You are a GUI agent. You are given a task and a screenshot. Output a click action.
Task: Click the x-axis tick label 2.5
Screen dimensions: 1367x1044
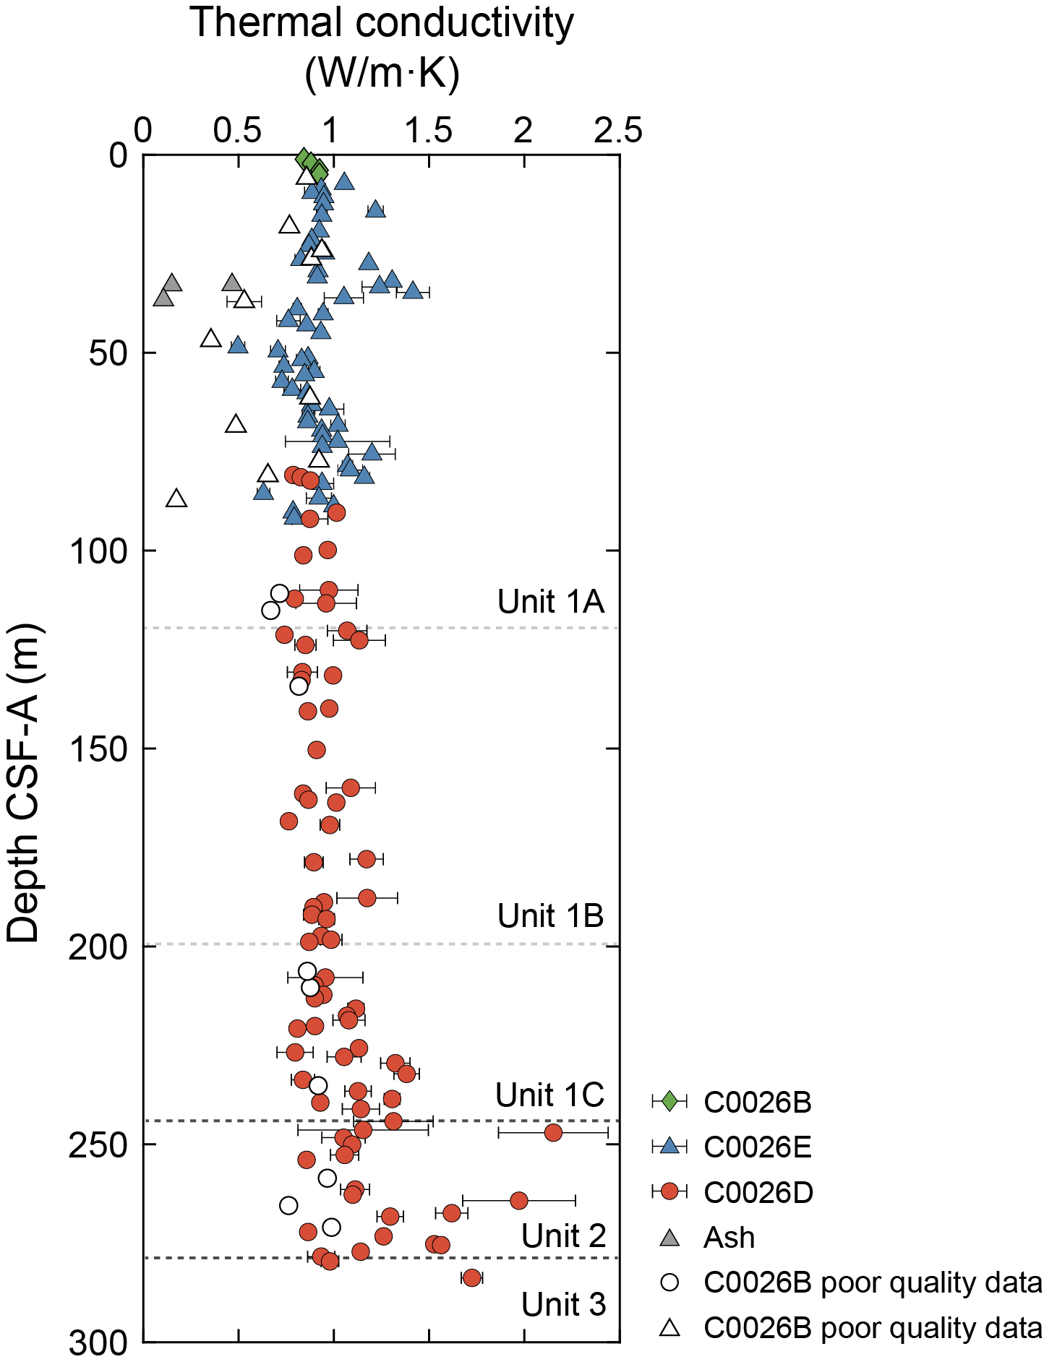point(618,131)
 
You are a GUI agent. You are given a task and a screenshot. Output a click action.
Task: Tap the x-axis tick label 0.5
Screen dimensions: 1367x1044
point(237,131)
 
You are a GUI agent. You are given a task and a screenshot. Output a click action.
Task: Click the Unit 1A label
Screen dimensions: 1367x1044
point(550,601)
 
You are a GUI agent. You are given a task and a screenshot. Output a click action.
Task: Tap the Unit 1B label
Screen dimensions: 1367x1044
point(550,915)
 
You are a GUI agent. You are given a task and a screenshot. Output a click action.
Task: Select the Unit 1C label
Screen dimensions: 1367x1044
point(549,1095)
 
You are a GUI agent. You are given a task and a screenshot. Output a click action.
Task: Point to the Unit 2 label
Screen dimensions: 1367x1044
point(563,1236)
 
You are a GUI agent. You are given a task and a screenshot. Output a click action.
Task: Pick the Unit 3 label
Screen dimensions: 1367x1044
point(563,1304)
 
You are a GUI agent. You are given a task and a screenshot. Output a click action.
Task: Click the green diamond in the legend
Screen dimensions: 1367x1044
point(669,1101)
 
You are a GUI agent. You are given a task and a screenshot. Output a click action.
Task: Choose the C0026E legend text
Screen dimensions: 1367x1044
point(758,1147)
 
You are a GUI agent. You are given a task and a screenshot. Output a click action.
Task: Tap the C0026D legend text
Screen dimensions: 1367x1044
point(758,1192)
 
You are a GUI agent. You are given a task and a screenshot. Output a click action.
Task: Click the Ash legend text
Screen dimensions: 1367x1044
point(729,1238)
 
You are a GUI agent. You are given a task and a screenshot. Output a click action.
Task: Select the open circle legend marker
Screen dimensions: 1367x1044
point(670,1282)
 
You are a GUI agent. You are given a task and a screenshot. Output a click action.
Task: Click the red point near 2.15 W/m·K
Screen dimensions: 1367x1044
point(553,1132)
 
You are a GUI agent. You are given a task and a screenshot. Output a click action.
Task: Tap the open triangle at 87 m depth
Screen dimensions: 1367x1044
point(176,499)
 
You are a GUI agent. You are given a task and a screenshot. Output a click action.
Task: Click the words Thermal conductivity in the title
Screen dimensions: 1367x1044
point(382,23)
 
